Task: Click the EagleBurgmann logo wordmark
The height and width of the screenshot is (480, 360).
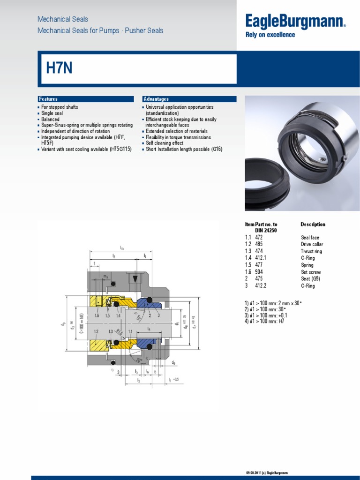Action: [x=296, y=21]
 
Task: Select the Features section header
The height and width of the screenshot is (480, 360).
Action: [x=48, y=99]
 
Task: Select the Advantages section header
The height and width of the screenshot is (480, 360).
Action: [x=156, y=99]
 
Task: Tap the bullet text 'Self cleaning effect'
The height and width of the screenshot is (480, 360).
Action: [x=165, y=143]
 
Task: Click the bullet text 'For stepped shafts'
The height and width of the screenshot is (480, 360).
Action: [x=60, y=107]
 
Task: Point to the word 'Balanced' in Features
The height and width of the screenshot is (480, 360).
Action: [x=51, y=119]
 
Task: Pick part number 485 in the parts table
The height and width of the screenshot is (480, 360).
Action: [x=259, y=244]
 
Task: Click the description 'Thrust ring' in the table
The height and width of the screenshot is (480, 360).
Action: [x=311, y=251]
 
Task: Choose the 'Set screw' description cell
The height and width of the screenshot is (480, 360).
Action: [x=311, y=272]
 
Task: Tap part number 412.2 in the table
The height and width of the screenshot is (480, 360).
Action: [x=261, y=285]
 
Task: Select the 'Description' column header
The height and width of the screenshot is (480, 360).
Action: [x=313, y=224]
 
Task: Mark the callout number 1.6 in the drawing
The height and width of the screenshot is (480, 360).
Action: [x=97, y=316]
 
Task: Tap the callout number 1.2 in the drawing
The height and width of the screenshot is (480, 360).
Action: [x=97, y=331]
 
